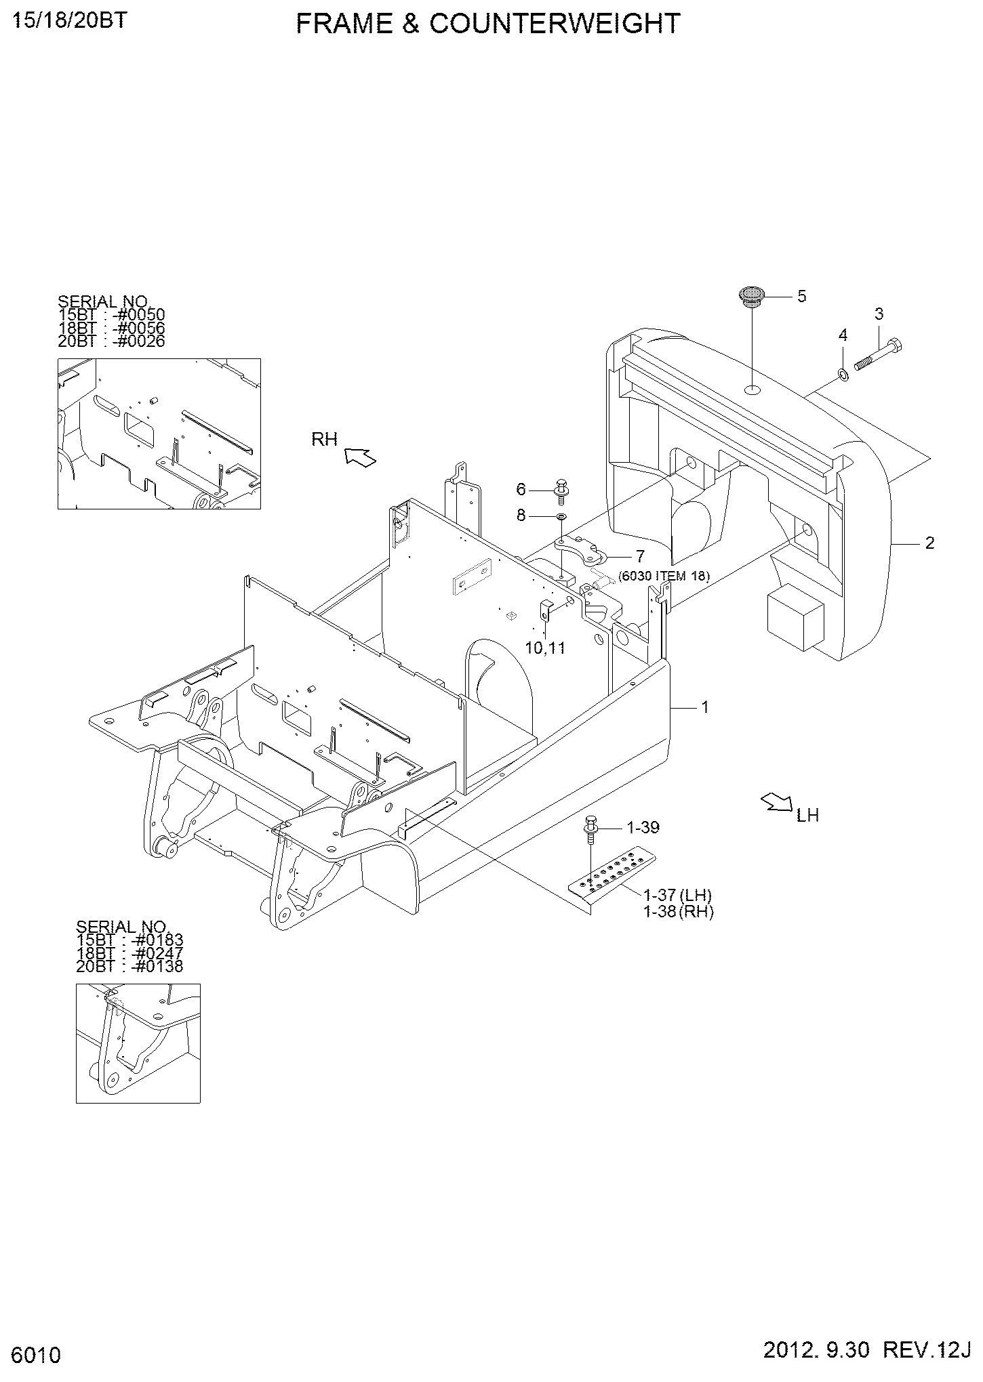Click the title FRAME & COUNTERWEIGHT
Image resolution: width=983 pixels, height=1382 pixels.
(x=488, y=24)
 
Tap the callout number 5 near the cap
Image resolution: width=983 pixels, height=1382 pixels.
(x=801, y=296)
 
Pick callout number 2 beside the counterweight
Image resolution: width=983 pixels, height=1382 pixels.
(x=929, y=543)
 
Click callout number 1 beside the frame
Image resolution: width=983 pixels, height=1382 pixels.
(x=705, y=707)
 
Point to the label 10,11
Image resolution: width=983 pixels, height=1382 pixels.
(x=545, y=648)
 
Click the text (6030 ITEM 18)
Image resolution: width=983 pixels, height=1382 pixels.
(x=664, y=577)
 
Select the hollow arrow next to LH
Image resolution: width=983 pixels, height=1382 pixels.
(x=776, y=803)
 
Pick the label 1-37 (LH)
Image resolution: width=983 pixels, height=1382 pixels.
(x=677, y=896)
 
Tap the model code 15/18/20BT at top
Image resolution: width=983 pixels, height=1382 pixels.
(x=69, y=21)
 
